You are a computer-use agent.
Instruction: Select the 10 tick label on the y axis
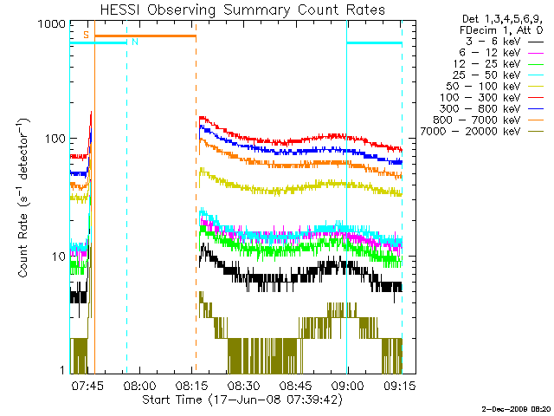(x=57, y=257)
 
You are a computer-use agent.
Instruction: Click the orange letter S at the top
(x=86, y=34)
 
